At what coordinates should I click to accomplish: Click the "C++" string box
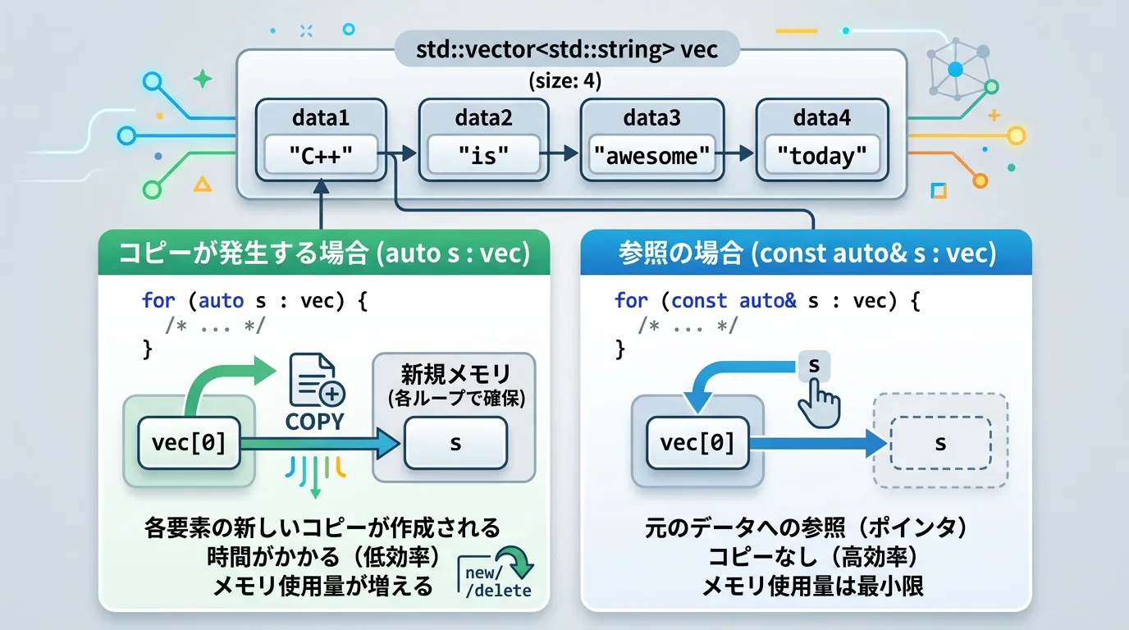coord(321,155)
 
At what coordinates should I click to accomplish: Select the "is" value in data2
coord(483,155)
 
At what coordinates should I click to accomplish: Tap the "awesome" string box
coord(651,155)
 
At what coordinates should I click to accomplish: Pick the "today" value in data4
coord(821,155)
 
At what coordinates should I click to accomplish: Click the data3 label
coord(651,118)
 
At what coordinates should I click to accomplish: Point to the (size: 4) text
coord(564,80)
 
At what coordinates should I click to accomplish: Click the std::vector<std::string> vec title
coord(566,49)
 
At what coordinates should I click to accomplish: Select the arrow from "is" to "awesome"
coord(559,153)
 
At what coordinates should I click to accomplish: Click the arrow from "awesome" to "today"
coord(734,153)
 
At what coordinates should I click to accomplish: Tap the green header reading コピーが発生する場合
coord(324,253)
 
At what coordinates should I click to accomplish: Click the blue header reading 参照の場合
coord(806,253)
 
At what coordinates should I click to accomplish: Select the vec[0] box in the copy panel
coord(189,443)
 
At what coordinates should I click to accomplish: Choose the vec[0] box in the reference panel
coord(697,443)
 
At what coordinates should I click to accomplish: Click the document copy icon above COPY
coord(317,380)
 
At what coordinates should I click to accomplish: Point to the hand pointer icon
coord(820,404)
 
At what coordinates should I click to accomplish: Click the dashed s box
coord(940,443)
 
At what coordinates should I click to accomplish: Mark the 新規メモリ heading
coord(455,374)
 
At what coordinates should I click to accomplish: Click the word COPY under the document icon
coord(314,422)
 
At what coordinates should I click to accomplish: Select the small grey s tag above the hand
coord(814,365)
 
